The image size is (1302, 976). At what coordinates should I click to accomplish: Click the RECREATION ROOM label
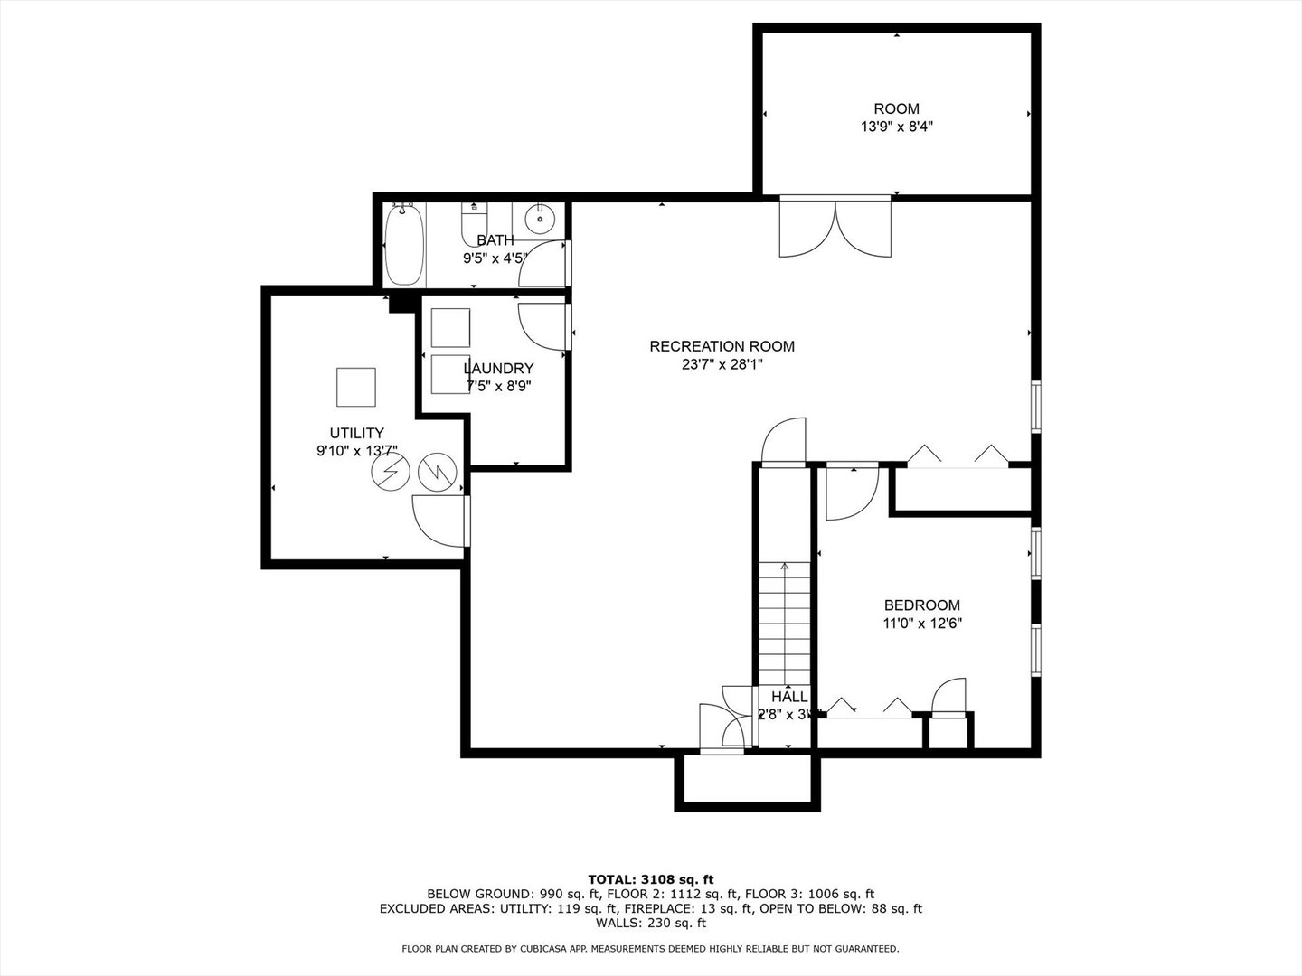[x=722, y=346]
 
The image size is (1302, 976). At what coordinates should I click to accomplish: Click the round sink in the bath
[x=540, y=218]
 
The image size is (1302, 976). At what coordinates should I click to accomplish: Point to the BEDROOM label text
[x=921, y=605]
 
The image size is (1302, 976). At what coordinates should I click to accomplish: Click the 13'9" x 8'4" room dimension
[x=896, y=127]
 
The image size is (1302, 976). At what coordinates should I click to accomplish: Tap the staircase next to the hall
[x=785, y=624]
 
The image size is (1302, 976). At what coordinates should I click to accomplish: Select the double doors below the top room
[x=835, y=227]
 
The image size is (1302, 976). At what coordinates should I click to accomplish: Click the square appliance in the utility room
[x=355, y=387]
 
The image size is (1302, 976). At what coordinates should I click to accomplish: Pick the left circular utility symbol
[x=392, y=472]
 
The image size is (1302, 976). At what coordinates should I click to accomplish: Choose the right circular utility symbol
[x=439, y=471]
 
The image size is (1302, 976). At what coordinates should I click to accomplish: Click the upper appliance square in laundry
[x=450, y=327]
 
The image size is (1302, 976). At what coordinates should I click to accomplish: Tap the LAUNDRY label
[x=498, y=369]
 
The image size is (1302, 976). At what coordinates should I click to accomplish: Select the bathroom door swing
[x=542, y=264]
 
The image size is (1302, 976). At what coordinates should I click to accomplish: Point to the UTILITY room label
[x=356, y=433]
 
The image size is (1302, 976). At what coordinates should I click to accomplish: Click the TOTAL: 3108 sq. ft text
[x=650, y=878]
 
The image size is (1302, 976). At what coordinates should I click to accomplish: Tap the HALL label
[x=789, y=697]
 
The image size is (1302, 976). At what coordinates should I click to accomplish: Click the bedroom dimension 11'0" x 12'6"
[x=921, y=624]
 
